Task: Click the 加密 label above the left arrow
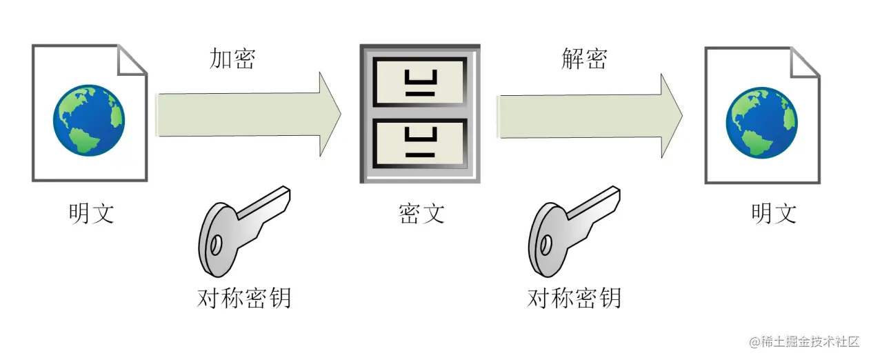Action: [232, 59]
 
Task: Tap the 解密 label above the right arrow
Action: [584, 59]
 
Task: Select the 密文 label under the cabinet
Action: [421, 213]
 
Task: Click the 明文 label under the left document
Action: [91, 213]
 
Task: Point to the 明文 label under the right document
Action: [774, 213]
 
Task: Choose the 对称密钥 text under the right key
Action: [574, 297]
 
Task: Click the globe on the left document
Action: [89, 120]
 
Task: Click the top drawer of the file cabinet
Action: [419, 81]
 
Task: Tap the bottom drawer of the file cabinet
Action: [419, 143]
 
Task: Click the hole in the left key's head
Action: [216, 244]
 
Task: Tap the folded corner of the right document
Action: [805, 61]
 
